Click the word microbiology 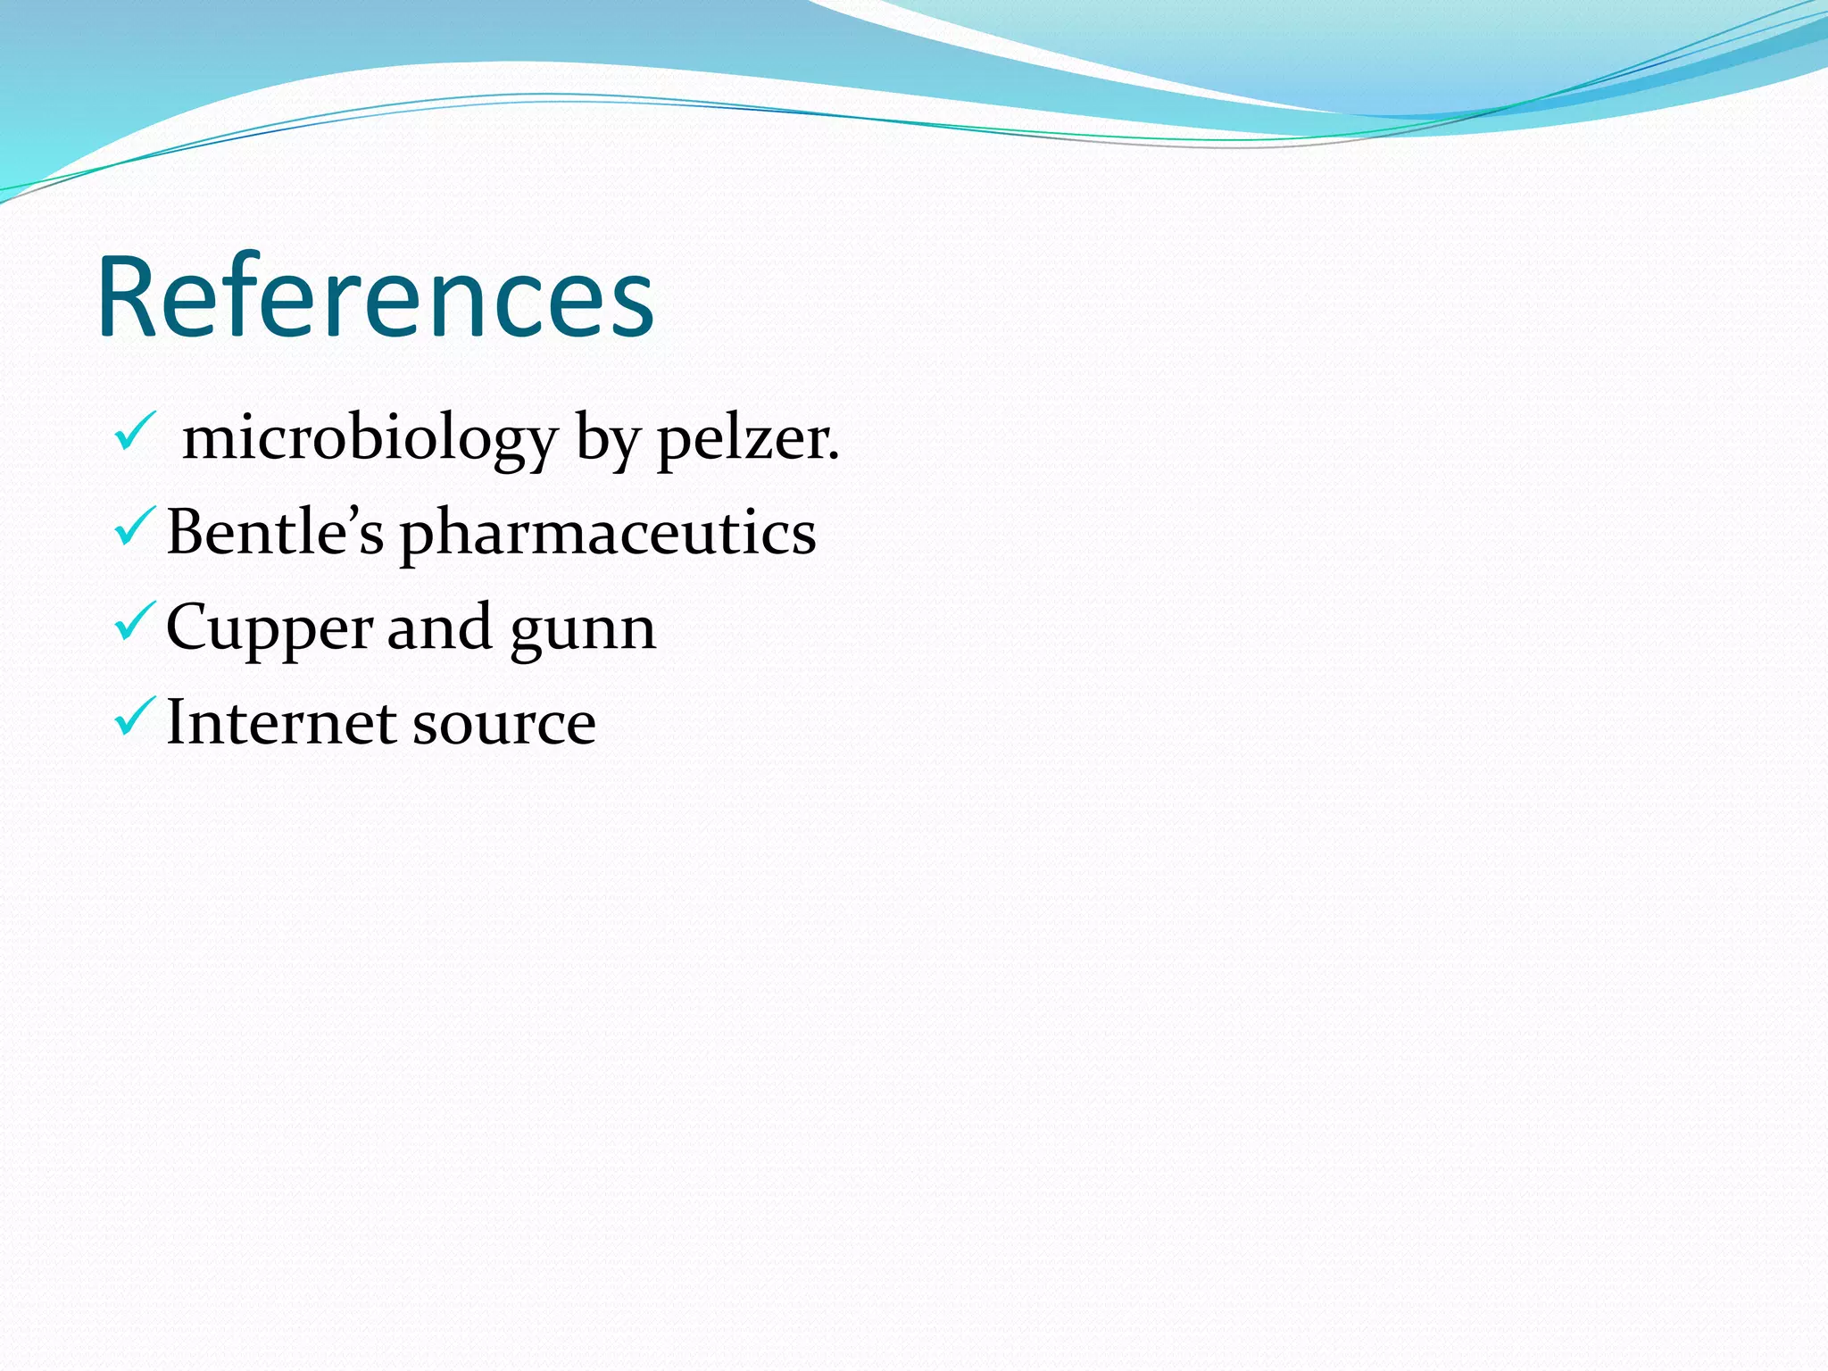coord(370,439)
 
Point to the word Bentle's coord(275,532)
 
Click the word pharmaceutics coord(608,534)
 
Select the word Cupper coord(269,628)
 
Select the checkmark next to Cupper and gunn coord(135,622)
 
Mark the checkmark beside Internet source coord(135,717)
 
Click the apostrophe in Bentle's coord(348,512)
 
